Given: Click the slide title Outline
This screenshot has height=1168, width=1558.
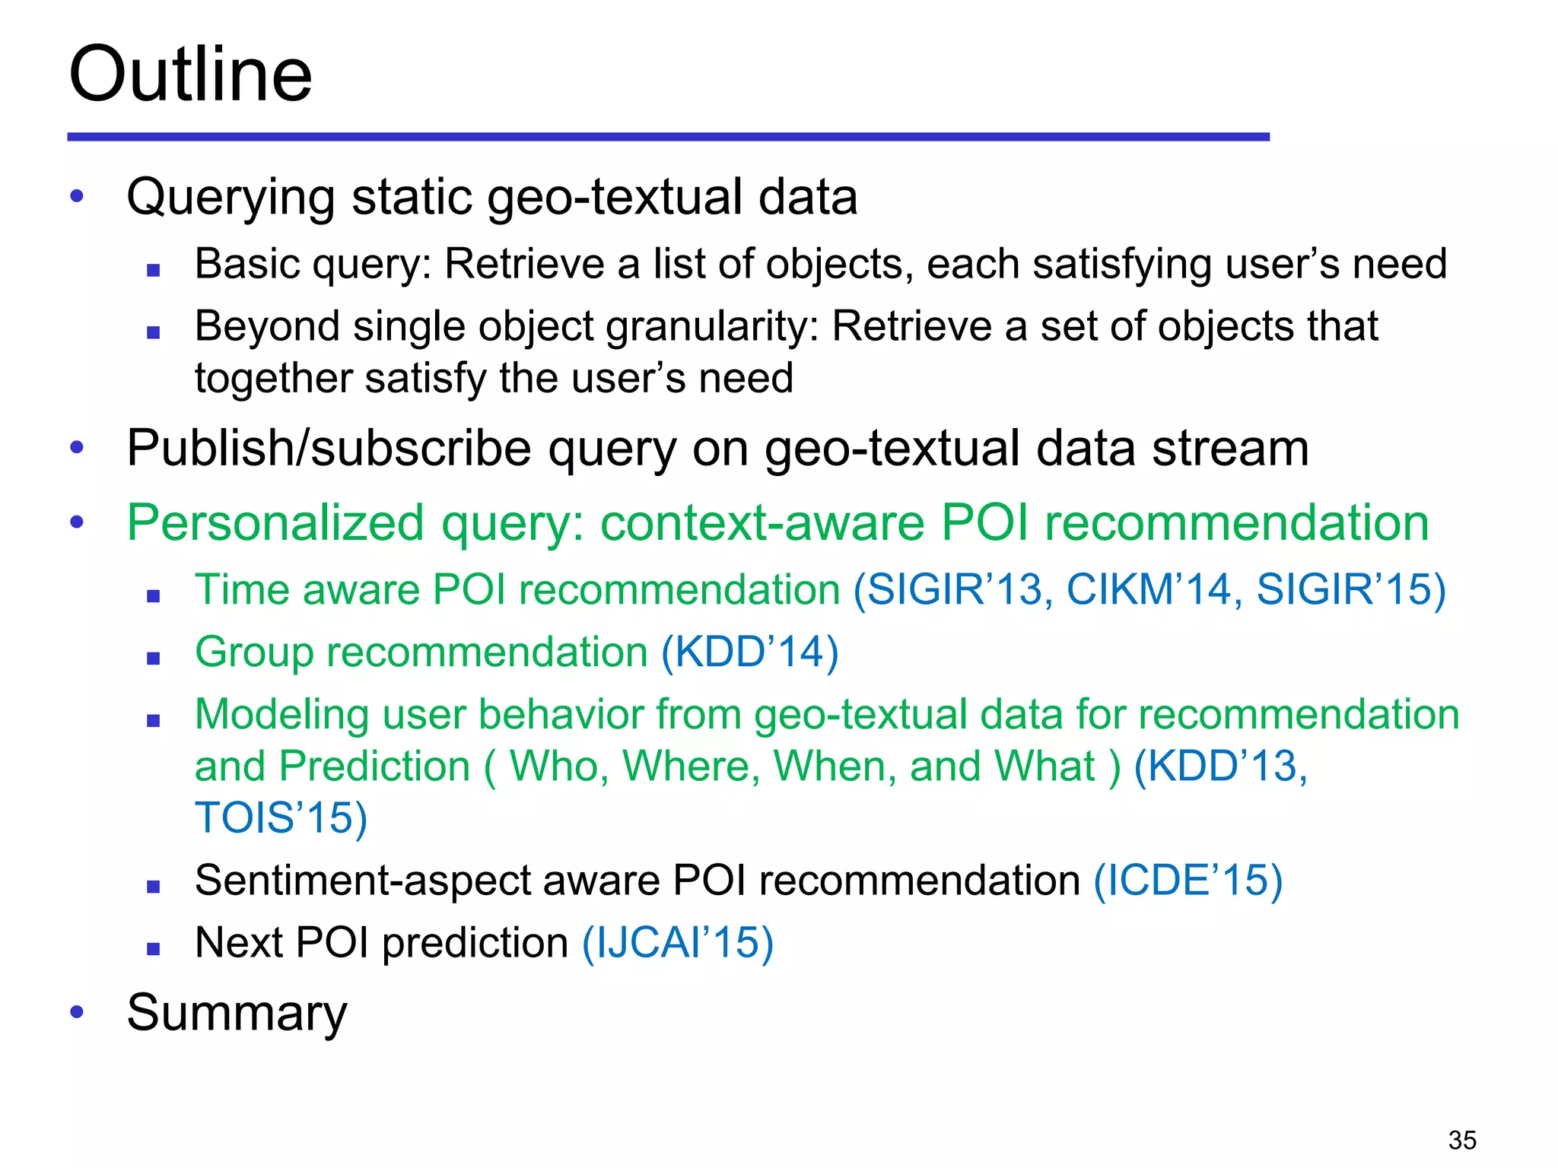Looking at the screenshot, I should (x=190, y=74).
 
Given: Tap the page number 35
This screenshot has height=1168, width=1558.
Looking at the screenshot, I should (x=1461, y=1140).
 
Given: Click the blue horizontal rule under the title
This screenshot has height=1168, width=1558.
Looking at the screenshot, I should (x=668, y=137).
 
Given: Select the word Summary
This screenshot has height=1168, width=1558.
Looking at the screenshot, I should (x=237, y=1013).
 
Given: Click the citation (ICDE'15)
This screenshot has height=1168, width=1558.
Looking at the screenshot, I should (x=1188, y=881).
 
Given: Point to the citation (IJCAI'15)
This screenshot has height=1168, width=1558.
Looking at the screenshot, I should (x=678, y=943).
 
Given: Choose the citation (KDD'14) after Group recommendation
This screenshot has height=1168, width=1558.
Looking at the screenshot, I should (x=749, y=652).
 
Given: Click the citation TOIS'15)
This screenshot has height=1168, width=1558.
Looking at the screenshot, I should (x=281, y=817).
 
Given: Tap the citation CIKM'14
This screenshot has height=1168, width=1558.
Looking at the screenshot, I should (x=1148, y=589).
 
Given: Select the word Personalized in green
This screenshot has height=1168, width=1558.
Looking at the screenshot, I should (x=275, y=523).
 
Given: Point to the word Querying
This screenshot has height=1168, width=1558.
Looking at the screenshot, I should (x=231, y=198).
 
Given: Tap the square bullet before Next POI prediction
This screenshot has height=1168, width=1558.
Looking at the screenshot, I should (x=154, y=949).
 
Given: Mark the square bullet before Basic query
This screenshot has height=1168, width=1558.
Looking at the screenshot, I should (x=154, y=270).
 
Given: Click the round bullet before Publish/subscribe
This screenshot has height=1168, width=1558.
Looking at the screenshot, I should (x=77, y=447).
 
